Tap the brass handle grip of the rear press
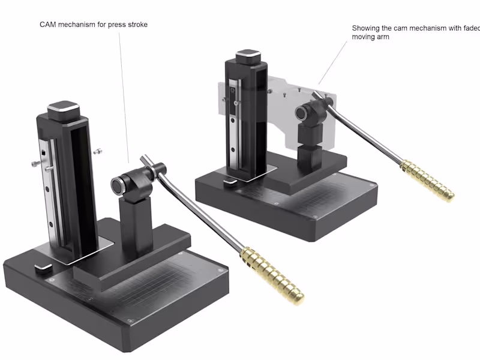(x=427, y=179)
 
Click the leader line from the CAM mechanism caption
(x=124, y=96)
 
